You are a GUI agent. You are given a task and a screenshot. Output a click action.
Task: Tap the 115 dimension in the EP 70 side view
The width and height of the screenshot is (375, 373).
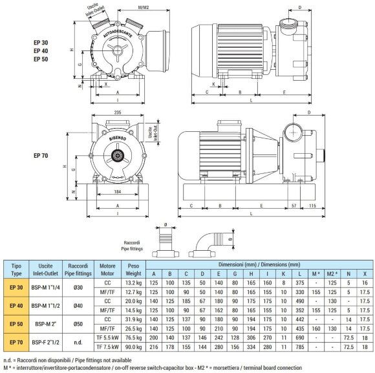click(310, 206)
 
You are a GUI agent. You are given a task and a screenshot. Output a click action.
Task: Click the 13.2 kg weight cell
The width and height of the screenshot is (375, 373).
click(133, 282)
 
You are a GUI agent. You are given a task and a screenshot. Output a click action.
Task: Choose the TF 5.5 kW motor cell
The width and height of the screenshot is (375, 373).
click(106, 337)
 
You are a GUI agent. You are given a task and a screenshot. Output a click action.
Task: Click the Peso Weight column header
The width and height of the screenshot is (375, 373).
click(133, 269)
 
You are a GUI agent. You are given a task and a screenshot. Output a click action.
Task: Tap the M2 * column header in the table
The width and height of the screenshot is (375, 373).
click(332, 273)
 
